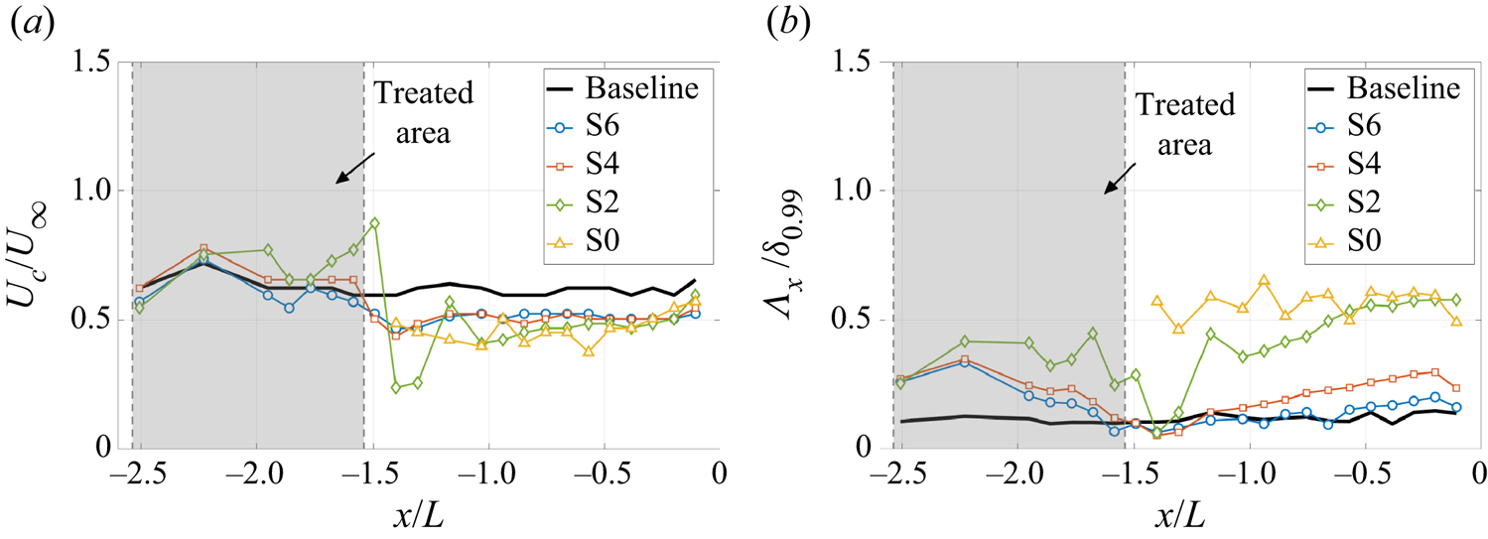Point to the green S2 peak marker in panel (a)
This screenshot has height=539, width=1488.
[373, 223]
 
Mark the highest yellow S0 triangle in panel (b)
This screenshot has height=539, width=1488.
[1264, 281]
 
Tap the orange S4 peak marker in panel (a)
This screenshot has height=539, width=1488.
[203, 248]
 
